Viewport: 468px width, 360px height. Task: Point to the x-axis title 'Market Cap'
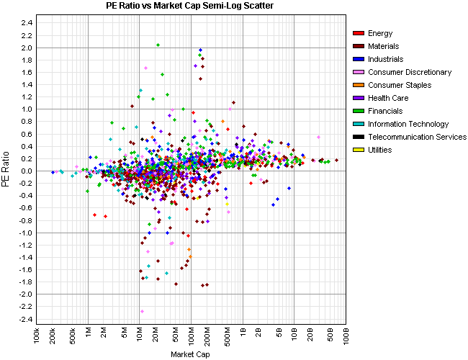click(191, 354)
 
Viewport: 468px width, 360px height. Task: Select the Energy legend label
click(379, 33)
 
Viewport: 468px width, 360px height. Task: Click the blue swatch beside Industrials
click(358, 59)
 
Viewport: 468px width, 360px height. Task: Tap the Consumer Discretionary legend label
click(409, 72)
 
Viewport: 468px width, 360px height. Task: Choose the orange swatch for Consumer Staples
click(358, 85)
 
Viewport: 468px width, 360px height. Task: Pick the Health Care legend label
click(388, 98)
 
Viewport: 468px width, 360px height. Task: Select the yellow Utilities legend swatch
click(358, 150)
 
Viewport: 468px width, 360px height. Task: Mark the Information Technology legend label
click(408, 124)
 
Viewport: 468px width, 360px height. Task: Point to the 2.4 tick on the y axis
click(26, 23)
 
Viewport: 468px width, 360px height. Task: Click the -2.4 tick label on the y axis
click(25, 319)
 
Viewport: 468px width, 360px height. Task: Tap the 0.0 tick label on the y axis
click(26, 171)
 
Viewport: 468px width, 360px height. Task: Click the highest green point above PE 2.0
click(158, 45)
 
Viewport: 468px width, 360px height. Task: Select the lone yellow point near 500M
click(227, 204)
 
